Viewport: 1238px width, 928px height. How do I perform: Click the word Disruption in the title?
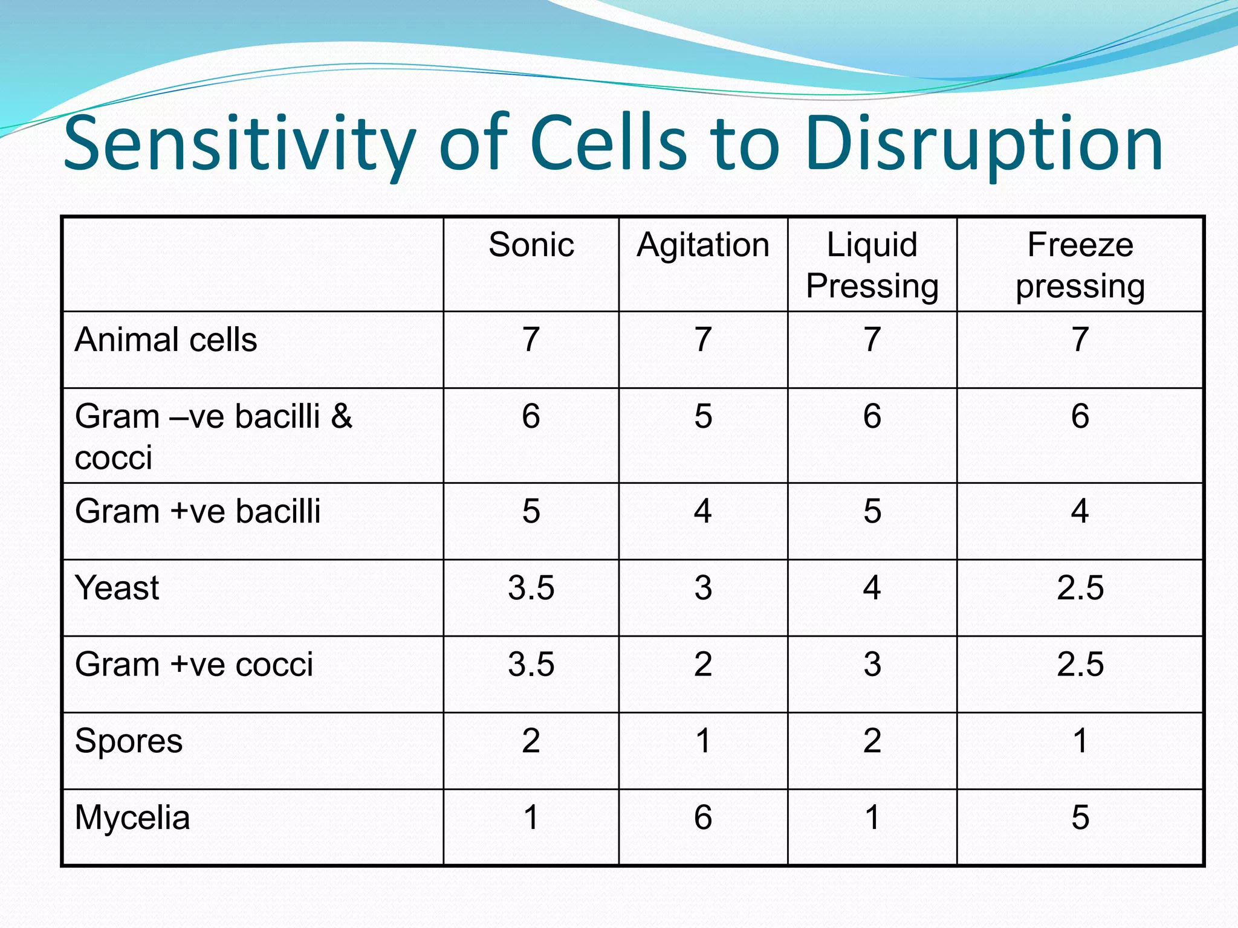click(x=984, y=145)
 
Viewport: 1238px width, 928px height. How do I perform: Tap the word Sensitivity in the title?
click(x=239, y=145)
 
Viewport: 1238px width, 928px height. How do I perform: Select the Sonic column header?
click(x=531, y=245)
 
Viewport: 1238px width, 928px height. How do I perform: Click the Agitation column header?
click(x=702, y=245)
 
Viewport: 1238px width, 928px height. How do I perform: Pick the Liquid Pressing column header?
click(x=872, y=265)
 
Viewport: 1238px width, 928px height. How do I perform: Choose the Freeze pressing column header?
click(x=1080, y=265)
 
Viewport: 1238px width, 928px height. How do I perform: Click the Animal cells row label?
click(x=166, y=340)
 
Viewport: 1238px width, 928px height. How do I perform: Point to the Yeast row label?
click(x=117, y=588)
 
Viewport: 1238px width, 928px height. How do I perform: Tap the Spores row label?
click(x=128, y=741)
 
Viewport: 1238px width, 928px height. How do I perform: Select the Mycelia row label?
click(x=132, y=817)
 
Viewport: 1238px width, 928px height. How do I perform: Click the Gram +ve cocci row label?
click(x=194, y=664)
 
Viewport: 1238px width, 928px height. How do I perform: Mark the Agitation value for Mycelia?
click(x=702, y=817)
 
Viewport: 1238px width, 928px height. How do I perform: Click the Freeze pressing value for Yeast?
click(x=1080, y=588)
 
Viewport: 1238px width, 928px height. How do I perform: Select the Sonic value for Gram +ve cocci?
click(x=531, y=664)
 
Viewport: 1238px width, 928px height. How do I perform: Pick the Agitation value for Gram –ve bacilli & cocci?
click(x=702, y=416)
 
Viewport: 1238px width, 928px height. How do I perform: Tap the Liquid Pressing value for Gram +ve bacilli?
click(x=872, y=511)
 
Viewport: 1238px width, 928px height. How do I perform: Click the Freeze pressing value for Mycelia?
click(x=1080, y=817)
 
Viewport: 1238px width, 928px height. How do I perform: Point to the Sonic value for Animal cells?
click(x=531, y=340)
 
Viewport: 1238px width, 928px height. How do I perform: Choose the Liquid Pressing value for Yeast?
click(x=872, y=588)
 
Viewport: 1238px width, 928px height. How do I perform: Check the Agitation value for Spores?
click(x=702, y=741)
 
